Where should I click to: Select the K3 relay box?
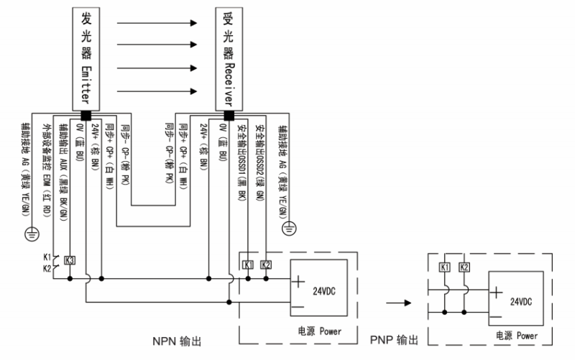[70, 259]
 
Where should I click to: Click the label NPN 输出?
[178, 339]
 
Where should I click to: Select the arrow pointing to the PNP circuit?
[400, 303]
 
